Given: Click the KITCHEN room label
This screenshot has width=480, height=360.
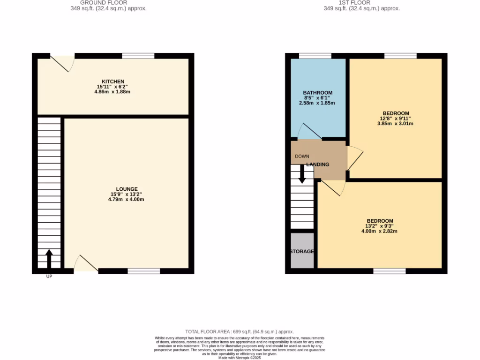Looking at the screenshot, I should click(x=113, y=82).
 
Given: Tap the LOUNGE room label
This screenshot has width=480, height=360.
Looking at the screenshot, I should click(x=127, y=189).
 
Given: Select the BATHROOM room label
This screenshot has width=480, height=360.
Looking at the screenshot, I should click(x=317, y=93).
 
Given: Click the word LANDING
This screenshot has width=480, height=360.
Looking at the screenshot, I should click(x=317, y=165).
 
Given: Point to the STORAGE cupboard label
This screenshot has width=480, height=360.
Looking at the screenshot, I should click(x=301, y=252).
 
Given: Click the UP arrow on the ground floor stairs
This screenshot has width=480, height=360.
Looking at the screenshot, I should click(x=49, y=258).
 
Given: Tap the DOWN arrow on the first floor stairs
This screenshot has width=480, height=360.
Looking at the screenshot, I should click(x=302, y=174).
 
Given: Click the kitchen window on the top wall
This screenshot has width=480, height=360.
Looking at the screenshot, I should click(x=138, y=56).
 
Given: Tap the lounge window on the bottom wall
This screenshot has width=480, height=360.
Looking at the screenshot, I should click(x=143, y=271).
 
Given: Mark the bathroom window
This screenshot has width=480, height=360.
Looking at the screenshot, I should click(x=315, y=56).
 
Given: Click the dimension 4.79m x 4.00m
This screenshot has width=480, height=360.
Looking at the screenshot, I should click(x=126, y=200).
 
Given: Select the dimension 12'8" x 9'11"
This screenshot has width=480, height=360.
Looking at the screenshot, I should click(x=396, y=119).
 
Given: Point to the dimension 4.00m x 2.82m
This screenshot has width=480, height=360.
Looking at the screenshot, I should click(x=380, y=231).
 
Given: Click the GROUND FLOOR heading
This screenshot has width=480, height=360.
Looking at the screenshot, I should click(x=104, y=3).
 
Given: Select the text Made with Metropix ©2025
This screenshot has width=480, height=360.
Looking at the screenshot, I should click(x=240, y=358).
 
